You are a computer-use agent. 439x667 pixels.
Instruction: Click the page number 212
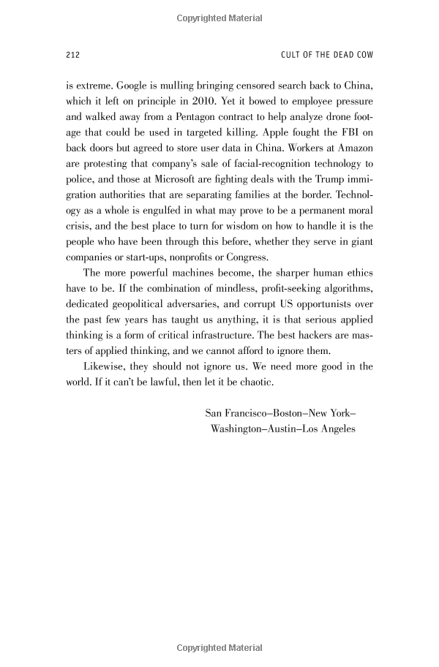click(72, 55)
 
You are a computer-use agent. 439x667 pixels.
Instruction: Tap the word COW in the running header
click(363, 55)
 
